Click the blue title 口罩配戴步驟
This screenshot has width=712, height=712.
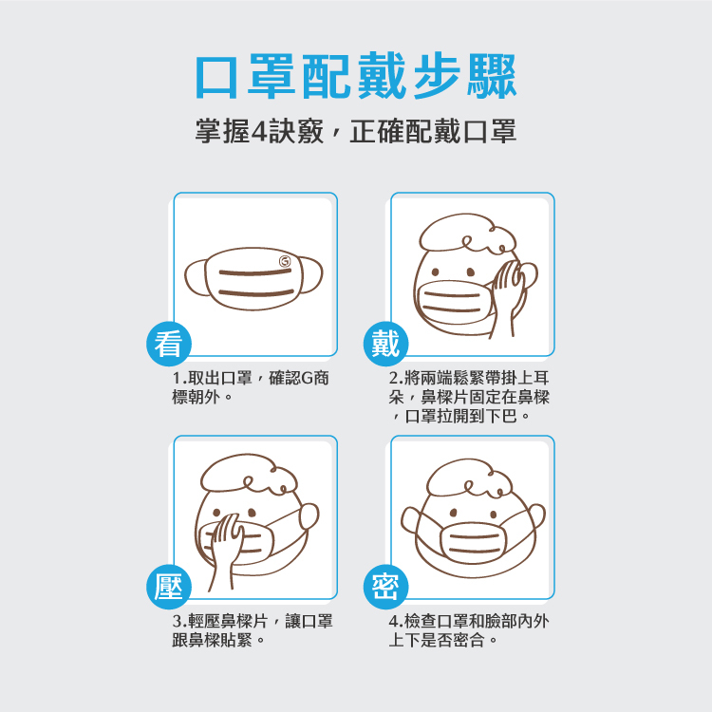click(x=356, y=75)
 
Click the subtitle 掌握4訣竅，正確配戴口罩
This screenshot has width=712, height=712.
click(x=356, y=131)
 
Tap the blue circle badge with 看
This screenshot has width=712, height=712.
click(x=169, y=344)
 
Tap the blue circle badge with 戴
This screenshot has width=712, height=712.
click(x=386, y=344)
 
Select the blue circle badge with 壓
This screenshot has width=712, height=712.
click(x=169, y=587)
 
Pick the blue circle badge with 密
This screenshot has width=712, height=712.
click(x=386, y=587)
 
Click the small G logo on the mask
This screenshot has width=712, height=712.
click(x=285, y=261)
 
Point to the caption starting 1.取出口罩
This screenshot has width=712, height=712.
click(x=251, y=387)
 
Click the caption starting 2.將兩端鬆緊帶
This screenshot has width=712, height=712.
click(x=469, y=397)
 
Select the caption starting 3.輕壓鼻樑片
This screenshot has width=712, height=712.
click(x=253, y=630)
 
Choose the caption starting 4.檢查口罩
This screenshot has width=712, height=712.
click(x=469, y=630)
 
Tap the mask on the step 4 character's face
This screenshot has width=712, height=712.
click(x=474, y=543)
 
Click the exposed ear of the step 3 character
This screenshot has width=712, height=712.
click(x=309, y=516)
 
